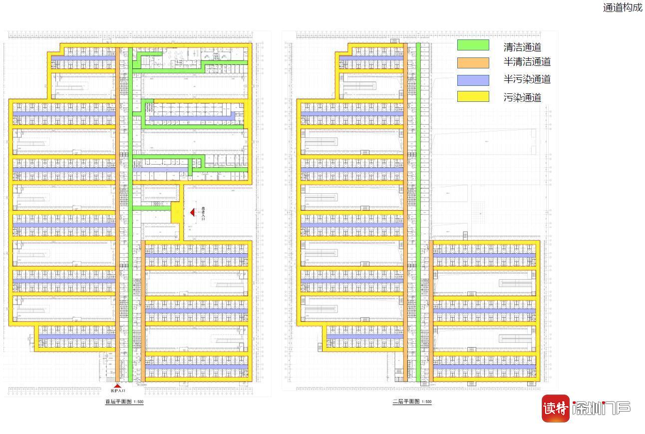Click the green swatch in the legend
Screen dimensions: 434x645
click(473, 45)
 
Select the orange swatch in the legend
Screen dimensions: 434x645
click(473, 62)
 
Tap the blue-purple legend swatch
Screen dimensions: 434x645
click(473, 80)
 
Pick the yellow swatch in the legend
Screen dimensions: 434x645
click(473, 96)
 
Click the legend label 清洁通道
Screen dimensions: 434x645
click(522, 47)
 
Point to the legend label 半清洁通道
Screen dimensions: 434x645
click(527, 62)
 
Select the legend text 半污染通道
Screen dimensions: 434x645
click(527, 79)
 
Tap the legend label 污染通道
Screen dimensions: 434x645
click(522, 97)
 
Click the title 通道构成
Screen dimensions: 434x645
click(623, 7)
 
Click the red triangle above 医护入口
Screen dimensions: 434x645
click(117, 386)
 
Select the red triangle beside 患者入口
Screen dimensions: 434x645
click(192, 213)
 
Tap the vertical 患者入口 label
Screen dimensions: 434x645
click(203, 213)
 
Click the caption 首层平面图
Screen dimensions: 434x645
click(118, 402)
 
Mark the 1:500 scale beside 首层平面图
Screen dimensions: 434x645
click(138, 402)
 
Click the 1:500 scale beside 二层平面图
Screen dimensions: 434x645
click(426, 402)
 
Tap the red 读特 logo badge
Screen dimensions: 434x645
click(556, 409)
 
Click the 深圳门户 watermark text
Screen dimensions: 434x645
click(601, 409)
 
